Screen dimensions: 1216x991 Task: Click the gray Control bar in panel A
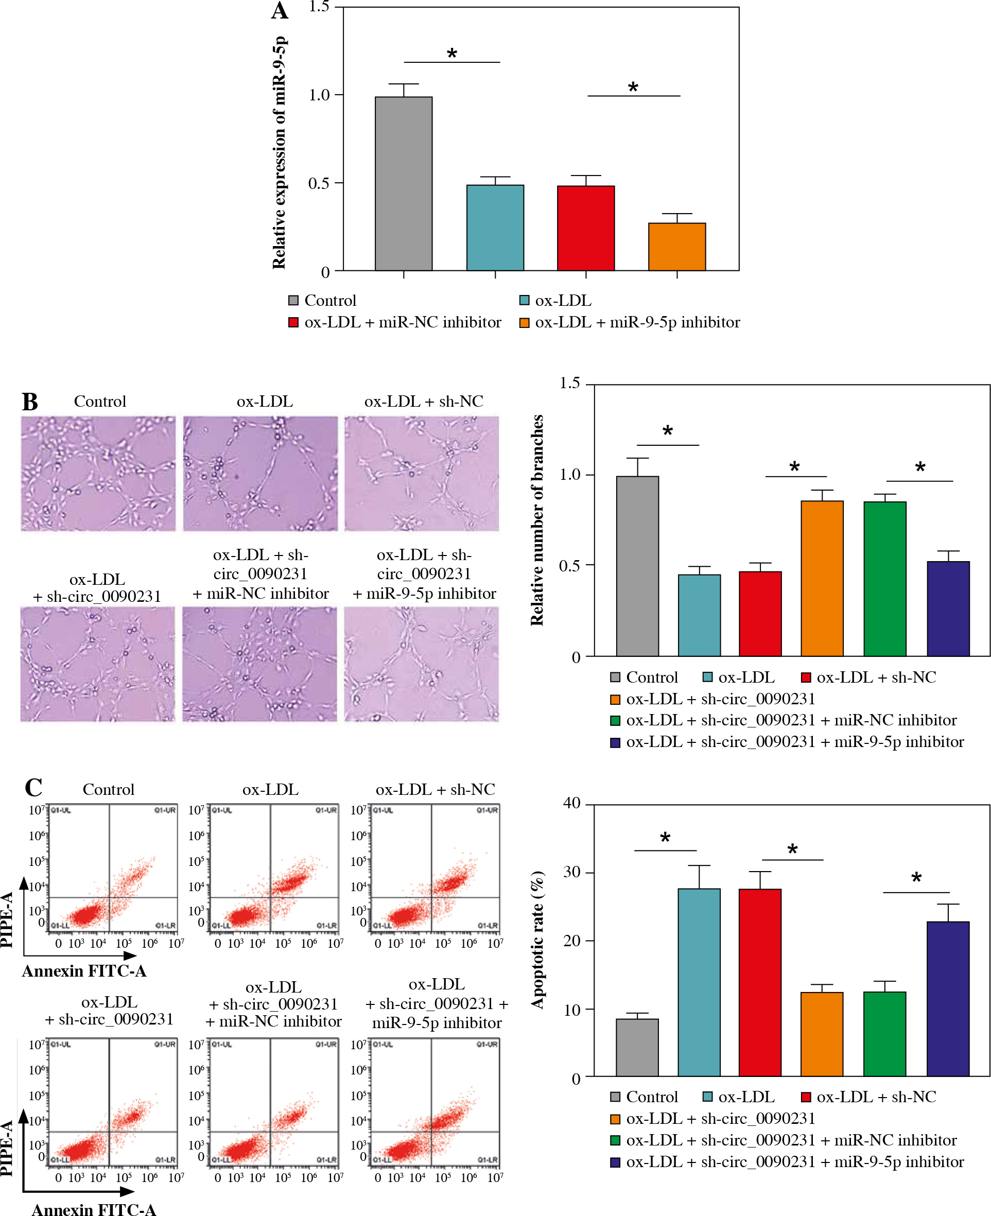[404, 183]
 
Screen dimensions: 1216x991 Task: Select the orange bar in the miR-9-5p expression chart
[677, 247]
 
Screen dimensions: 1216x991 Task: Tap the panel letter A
[280, 11]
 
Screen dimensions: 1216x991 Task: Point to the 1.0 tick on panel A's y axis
[320, 95]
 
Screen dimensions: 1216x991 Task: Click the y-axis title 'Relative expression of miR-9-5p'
[279, 153]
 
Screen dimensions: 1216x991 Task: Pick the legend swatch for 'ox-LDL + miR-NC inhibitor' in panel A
[293, 323]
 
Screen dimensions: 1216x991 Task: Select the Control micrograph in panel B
[98, 473]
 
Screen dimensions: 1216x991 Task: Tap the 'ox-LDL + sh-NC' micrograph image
[421, 473]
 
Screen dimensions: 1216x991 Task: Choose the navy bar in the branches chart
[948, 609]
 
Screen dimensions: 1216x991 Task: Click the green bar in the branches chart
[885, 578]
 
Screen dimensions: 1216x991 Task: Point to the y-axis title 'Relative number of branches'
[537, 520]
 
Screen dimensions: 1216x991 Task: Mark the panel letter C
[33, 788]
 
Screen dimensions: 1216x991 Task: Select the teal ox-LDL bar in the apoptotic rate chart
[699, 982]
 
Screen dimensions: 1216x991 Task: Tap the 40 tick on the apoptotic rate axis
[571, 803]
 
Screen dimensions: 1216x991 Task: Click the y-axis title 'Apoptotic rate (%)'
[537, 940]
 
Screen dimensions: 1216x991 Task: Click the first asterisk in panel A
[452, 54]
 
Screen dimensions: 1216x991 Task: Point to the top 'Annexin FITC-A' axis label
[84, 971]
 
